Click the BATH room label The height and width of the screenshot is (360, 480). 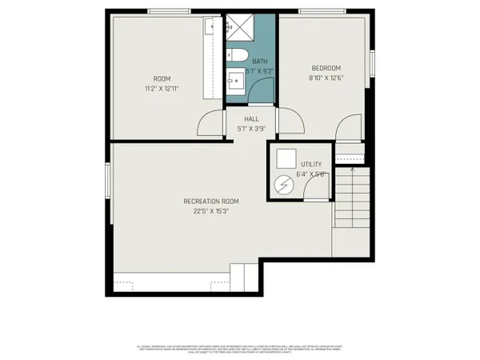click(x=260, y=61)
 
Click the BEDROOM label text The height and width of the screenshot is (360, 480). click(x=326, y=68)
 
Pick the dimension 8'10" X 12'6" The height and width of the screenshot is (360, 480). click(x=326, y=78)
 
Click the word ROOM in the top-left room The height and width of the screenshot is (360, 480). click(x=162, y=78)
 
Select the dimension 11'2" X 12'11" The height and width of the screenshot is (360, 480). click(x=162, y=88)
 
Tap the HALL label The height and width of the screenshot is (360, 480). click(x=251, y=119)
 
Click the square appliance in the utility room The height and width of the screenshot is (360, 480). click(x=285, y=158)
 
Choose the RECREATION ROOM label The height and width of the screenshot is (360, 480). click(x=211, y=202)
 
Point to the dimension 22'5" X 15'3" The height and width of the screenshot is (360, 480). click(x=211, y=212)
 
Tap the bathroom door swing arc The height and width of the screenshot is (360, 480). click(x=261, y=90)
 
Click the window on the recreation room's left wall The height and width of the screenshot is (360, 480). click(x=108, y=183)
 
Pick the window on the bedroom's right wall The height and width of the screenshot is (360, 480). click(x=371, y=63)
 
